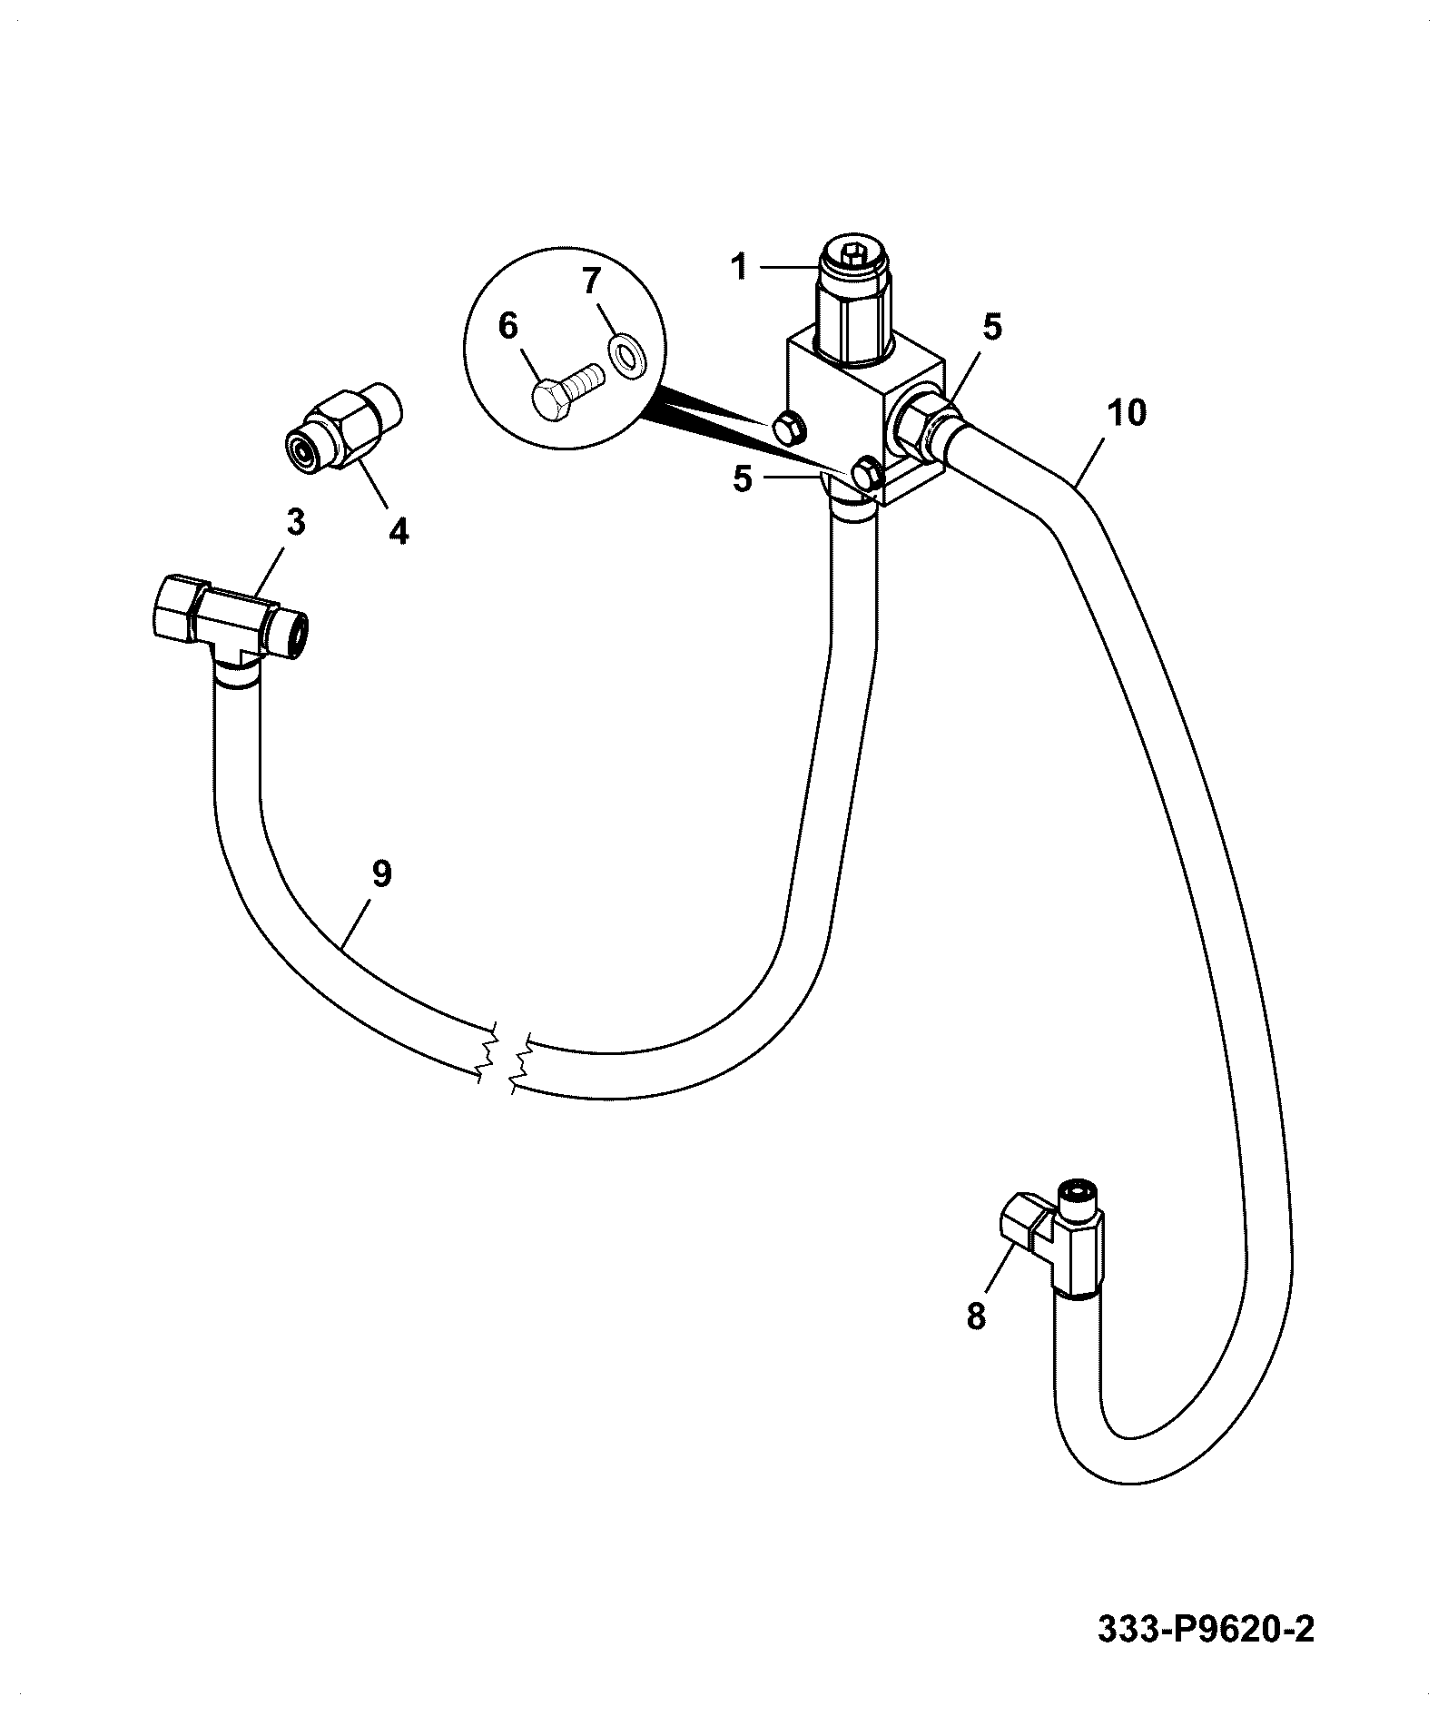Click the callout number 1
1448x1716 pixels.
tap(740, 268)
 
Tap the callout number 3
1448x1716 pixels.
tap(296, 523)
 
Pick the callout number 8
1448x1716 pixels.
tap(976, 1316)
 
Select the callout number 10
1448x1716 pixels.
tap(1127, 413)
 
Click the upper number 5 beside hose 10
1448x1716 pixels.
tap(991, 327)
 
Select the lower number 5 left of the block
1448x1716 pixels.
tap(743, 478)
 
